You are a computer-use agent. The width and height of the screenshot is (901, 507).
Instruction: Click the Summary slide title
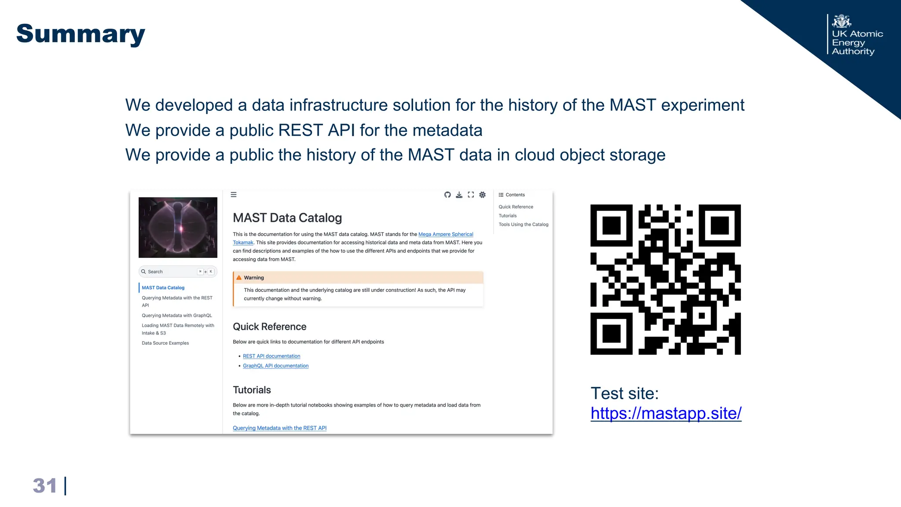[81, 34]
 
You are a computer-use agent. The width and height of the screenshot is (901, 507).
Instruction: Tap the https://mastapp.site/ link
[666, 413]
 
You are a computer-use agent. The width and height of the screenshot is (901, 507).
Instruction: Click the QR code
[665, 279]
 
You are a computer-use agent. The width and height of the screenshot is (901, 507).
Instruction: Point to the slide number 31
[45, 486]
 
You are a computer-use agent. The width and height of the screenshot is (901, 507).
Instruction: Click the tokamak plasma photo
[178, 227]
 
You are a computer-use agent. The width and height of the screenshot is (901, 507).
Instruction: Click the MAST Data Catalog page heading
[287, 218]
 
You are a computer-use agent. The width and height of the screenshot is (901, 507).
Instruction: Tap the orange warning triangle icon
[239, 278]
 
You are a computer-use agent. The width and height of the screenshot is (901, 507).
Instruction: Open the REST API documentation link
[271, 356]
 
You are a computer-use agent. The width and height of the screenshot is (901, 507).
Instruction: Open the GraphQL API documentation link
[275, 366]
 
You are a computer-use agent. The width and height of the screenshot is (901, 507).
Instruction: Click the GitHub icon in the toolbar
[447, 195]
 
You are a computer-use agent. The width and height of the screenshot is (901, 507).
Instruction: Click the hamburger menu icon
[234, 195]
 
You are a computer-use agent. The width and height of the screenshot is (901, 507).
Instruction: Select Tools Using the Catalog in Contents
[523, 224]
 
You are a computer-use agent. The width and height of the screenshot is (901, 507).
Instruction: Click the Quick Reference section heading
[269, 327]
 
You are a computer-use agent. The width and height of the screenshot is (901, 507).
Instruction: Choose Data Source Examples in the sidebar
[165, 343]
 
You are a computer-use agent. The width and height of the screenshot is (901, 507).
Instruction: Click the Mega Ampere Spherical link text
[446, 234]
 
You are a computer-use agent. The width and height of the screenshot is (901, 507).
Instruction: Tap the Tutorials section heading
[252, 390]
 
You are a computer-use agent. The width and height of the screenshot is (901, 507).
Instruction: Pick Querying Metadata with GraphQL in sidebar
[176, 316]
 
